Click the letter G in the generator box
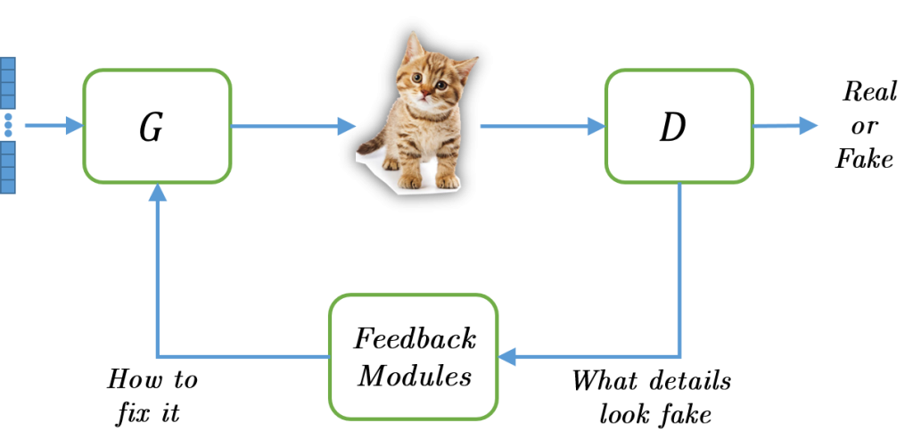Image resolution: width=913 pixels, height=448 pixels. point(152,129)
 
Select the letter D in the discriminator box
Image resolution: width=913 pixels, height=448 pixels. point(672,129)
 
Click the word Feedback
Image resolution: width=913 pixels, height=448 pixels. point(415,339)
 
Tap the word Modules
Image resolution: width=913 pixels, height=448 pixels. point(414,377)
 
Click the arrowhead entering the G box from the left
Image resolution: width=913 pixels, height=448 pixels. point(74,126)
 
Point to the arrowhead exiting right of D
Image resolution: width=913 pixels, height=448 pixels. point(808,126)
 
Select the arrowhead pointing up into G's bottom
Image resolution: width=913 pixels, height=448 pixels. point(157,193)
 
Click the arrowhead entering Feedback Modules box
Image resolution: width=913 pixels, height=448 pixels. point(507,357)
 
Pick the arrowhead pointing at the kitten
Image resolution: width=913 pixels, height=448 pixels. point(347,126)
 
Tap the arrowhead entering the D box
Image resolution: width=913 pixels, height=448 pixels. point(596,126)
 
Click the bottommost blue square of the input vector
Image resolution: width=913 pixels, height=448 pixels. point(8,187)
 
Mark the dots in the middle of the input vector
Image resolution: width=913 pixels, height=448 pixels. point(8,125)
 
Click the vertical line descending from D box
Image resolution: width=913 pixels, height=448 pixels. point(680,268)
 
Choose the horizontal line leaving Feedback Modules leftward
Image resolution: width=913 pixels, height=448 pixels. point(241,357)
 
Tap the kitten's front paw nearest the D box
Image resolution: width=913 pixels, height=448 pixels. point(446,181)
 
